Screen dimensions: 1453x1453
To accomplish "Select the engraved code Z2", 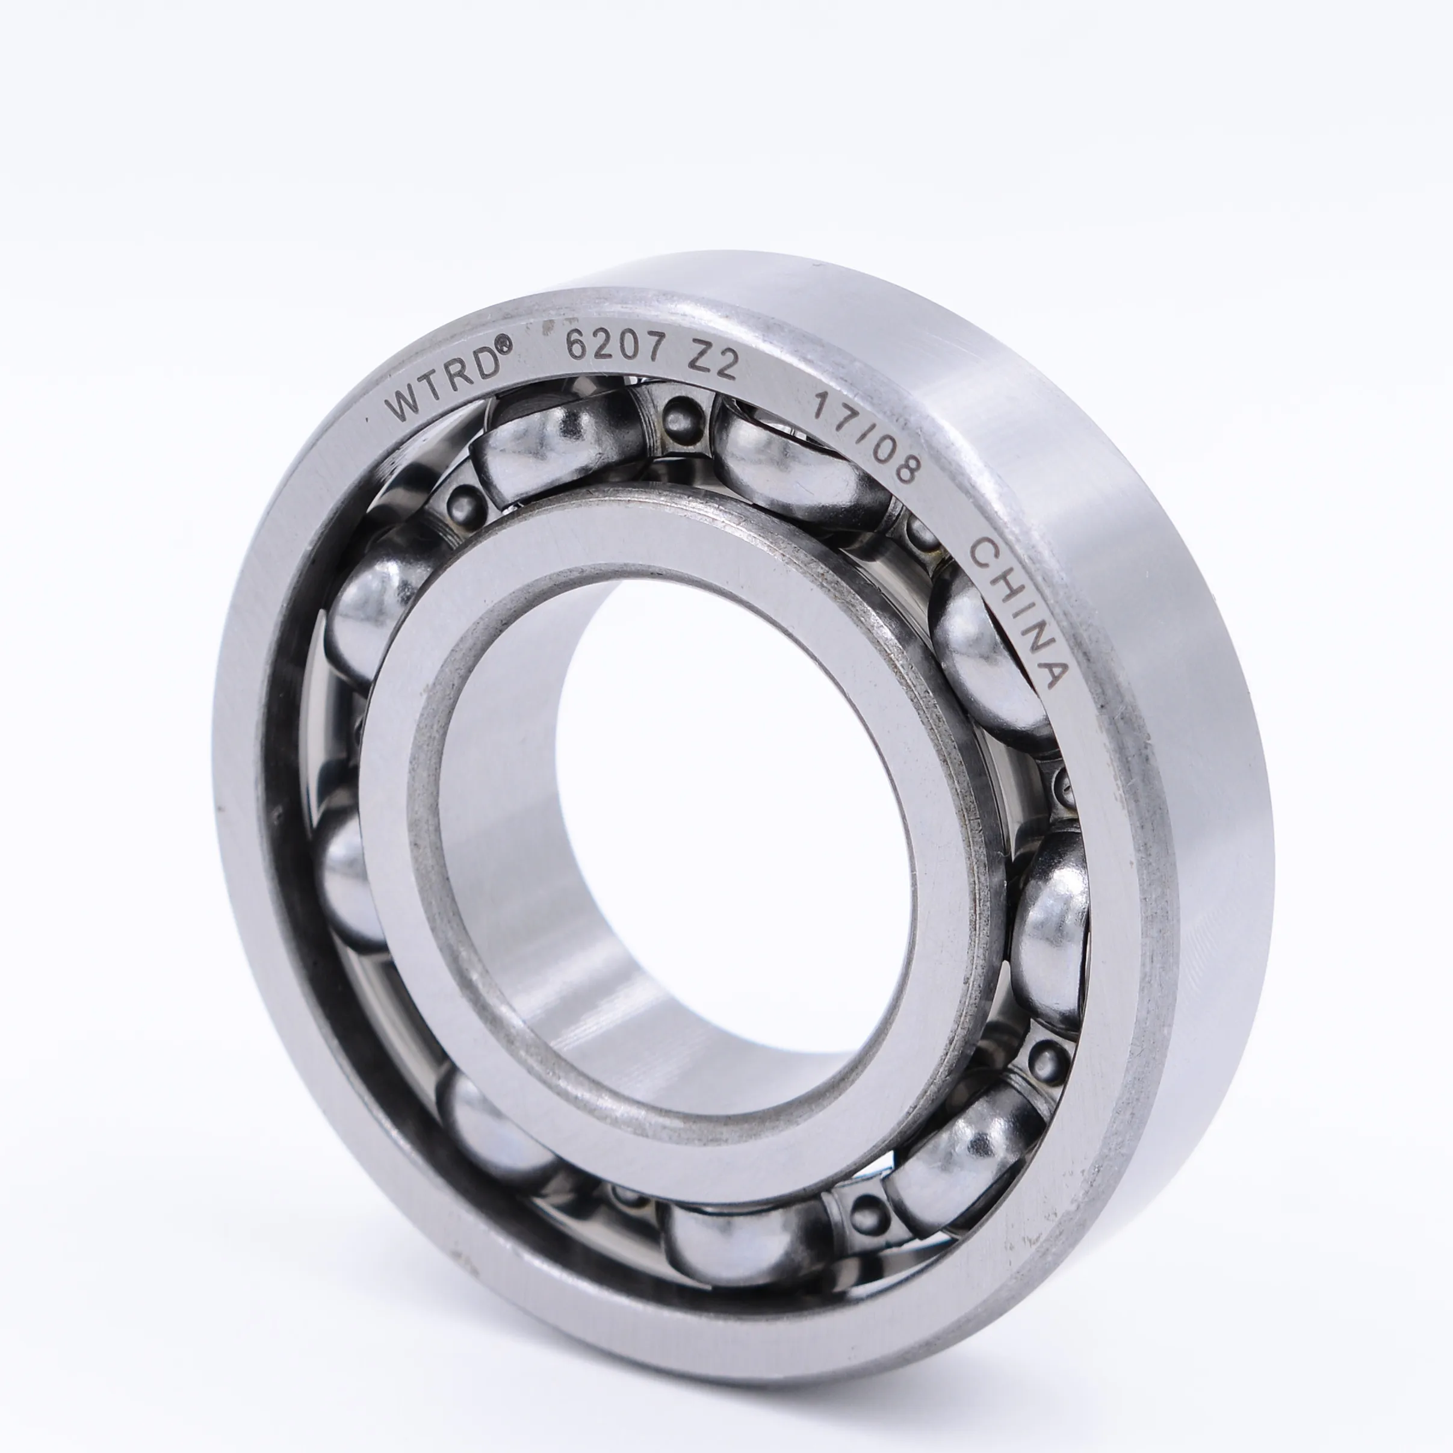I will [x=711, y=364].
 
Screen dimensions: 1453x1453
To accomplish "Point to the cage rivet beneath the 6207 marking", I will [x=681, y=414].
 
